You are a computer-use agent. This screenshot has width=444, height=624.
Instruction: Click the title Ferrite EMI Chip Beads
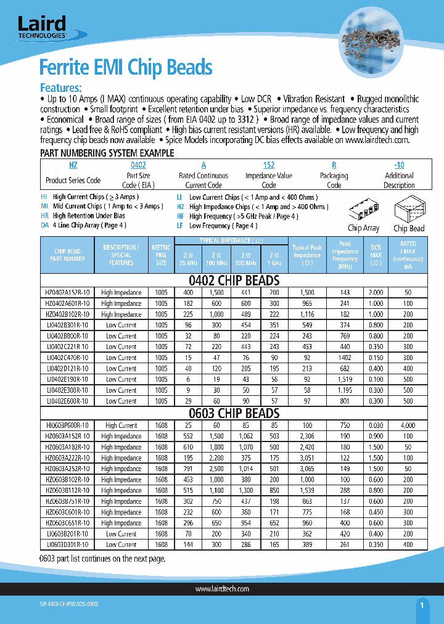126,67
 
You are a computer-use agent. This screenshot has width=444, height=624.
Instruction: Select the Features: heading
60,88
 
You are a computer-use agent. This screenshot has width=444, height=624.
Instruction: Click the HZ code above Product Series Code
73,165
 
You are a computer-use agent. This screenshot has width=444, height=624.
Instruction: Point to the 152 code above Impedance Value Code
269,165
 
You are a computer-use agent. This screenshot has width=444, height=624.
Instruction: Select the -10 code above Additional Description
399,165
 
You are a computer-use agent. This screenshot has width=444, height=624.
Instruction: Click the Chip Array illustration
363,213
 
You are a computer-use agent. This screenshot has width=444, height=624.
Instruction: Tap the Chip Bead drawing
409,213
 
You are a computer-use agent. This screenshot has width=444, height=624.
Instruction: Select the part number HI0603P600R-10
67,425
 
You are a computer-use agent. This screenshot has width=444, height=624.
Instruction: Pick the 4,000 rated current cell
408,425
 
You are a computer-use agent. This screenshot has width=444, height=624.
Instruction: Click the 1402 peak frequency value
345,358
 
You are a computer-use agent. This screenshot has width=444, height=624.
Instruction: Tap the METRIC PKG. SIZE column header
161,255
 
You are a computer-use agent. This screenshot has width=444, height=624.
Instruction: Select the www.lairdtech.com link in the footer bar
222,589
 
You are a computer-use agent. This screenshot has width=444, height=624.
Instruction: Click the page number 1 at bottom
422,606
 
